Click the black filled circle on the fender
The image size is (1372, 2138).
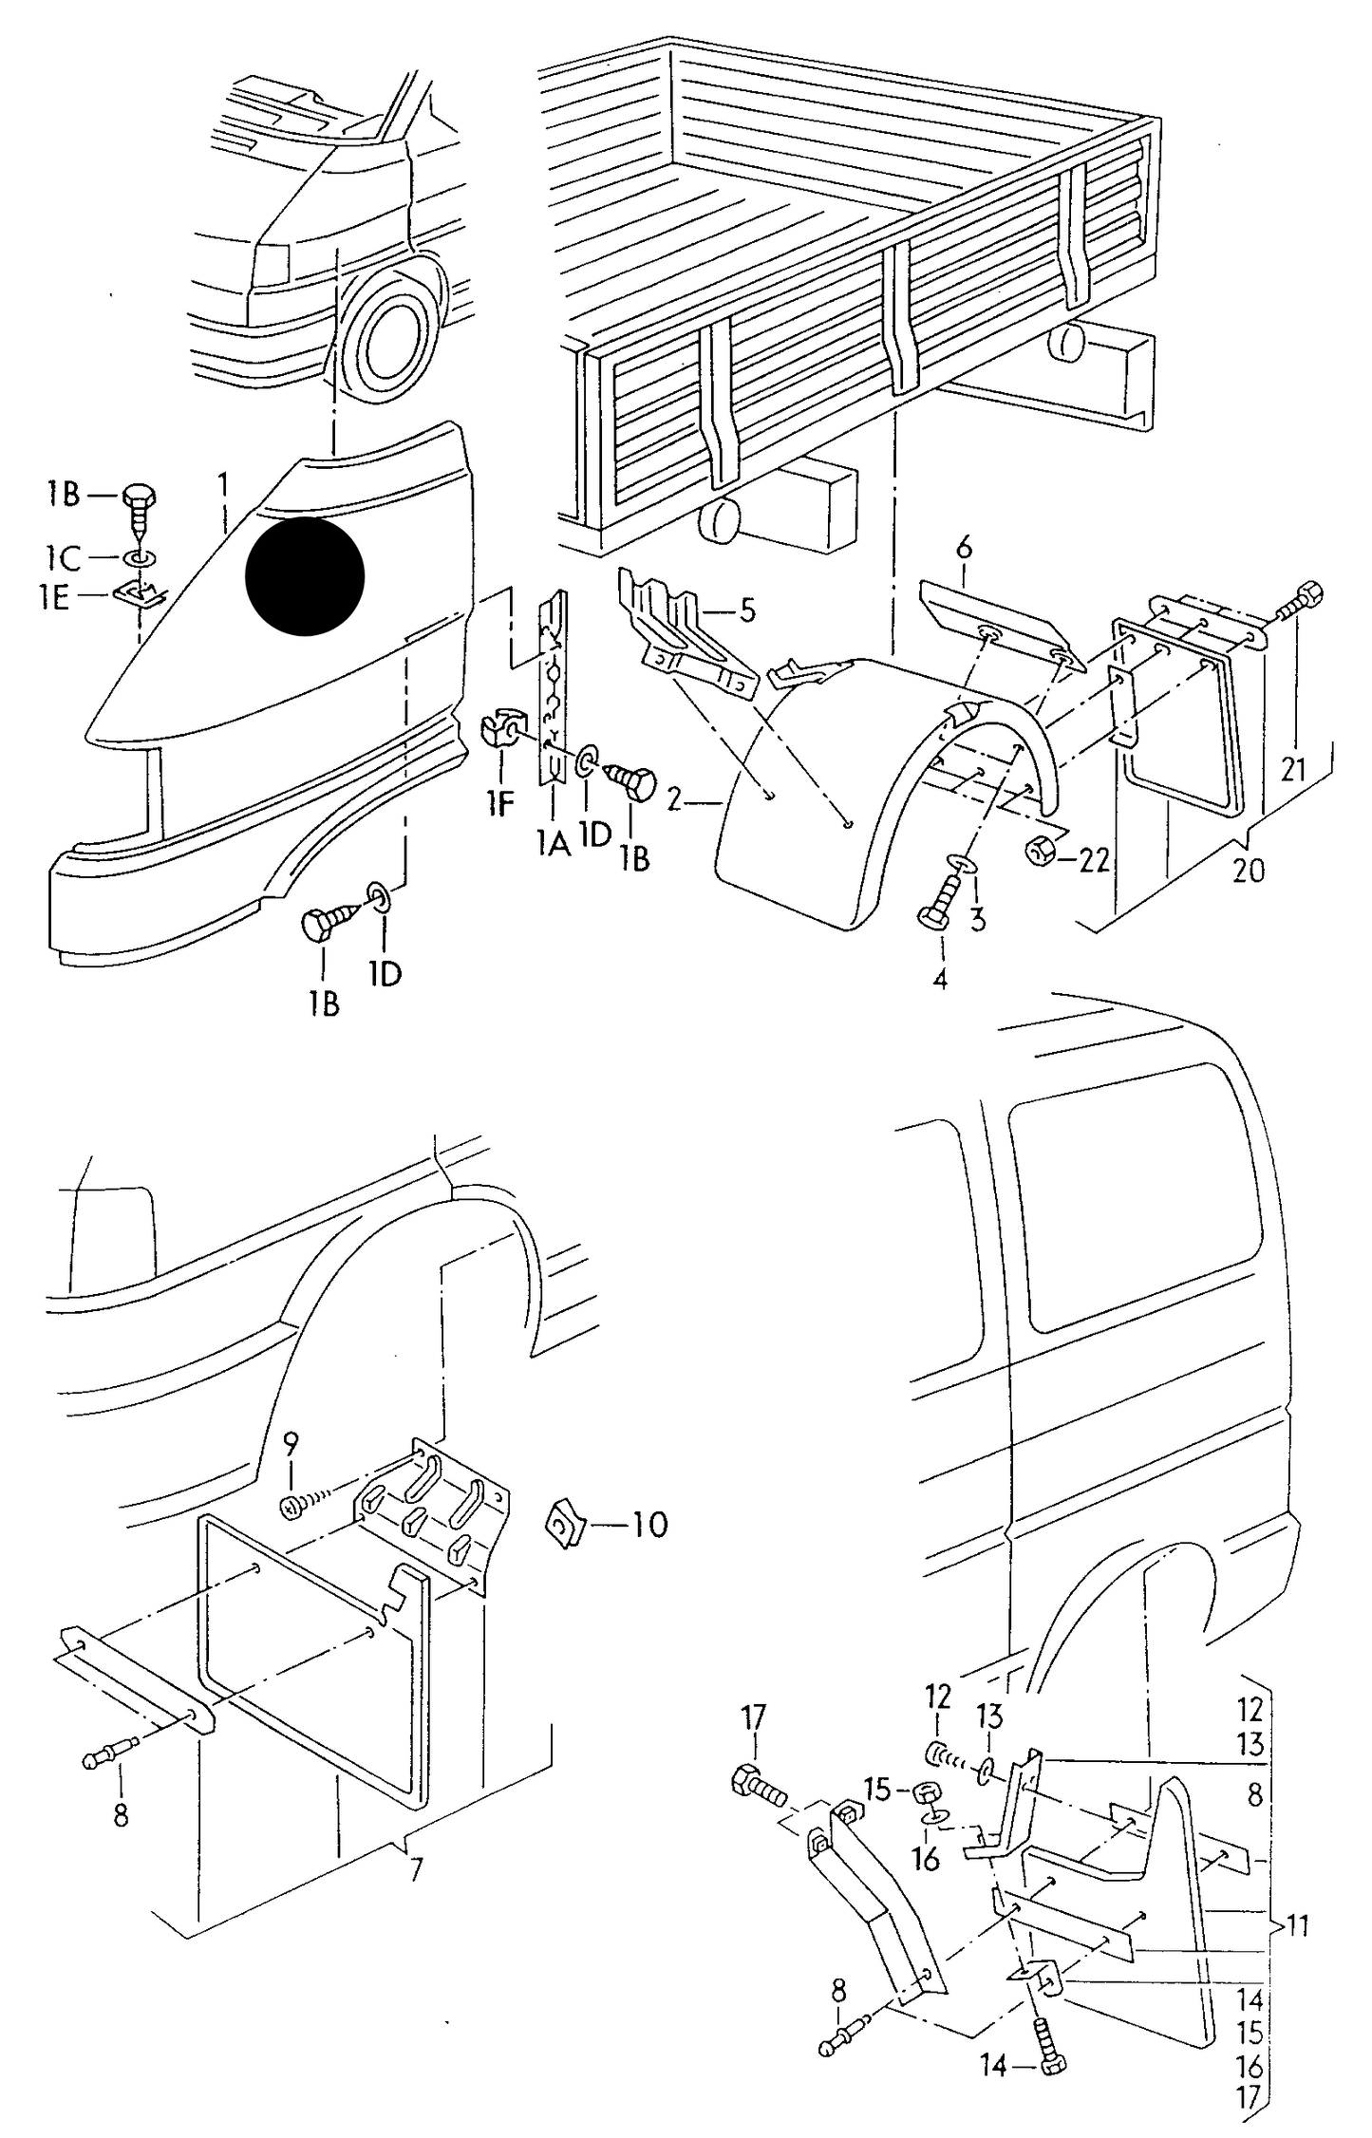[x=305, y=575]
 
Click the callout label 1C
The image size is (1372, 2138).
[x=63, y=555]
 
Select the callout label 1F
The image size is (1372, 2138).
[x=499, y=804]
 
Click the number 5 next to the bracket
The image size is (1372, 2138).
[x=747, y=610]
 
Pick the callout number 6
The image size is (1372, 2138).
[x=963, y=548]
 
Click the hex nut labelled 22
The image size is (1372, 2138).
[x=1040, y=851]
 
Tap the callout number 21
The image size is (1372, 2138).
[x=1293, y=769]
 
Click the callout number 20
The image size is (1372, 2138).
[x=1249, y=870]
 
